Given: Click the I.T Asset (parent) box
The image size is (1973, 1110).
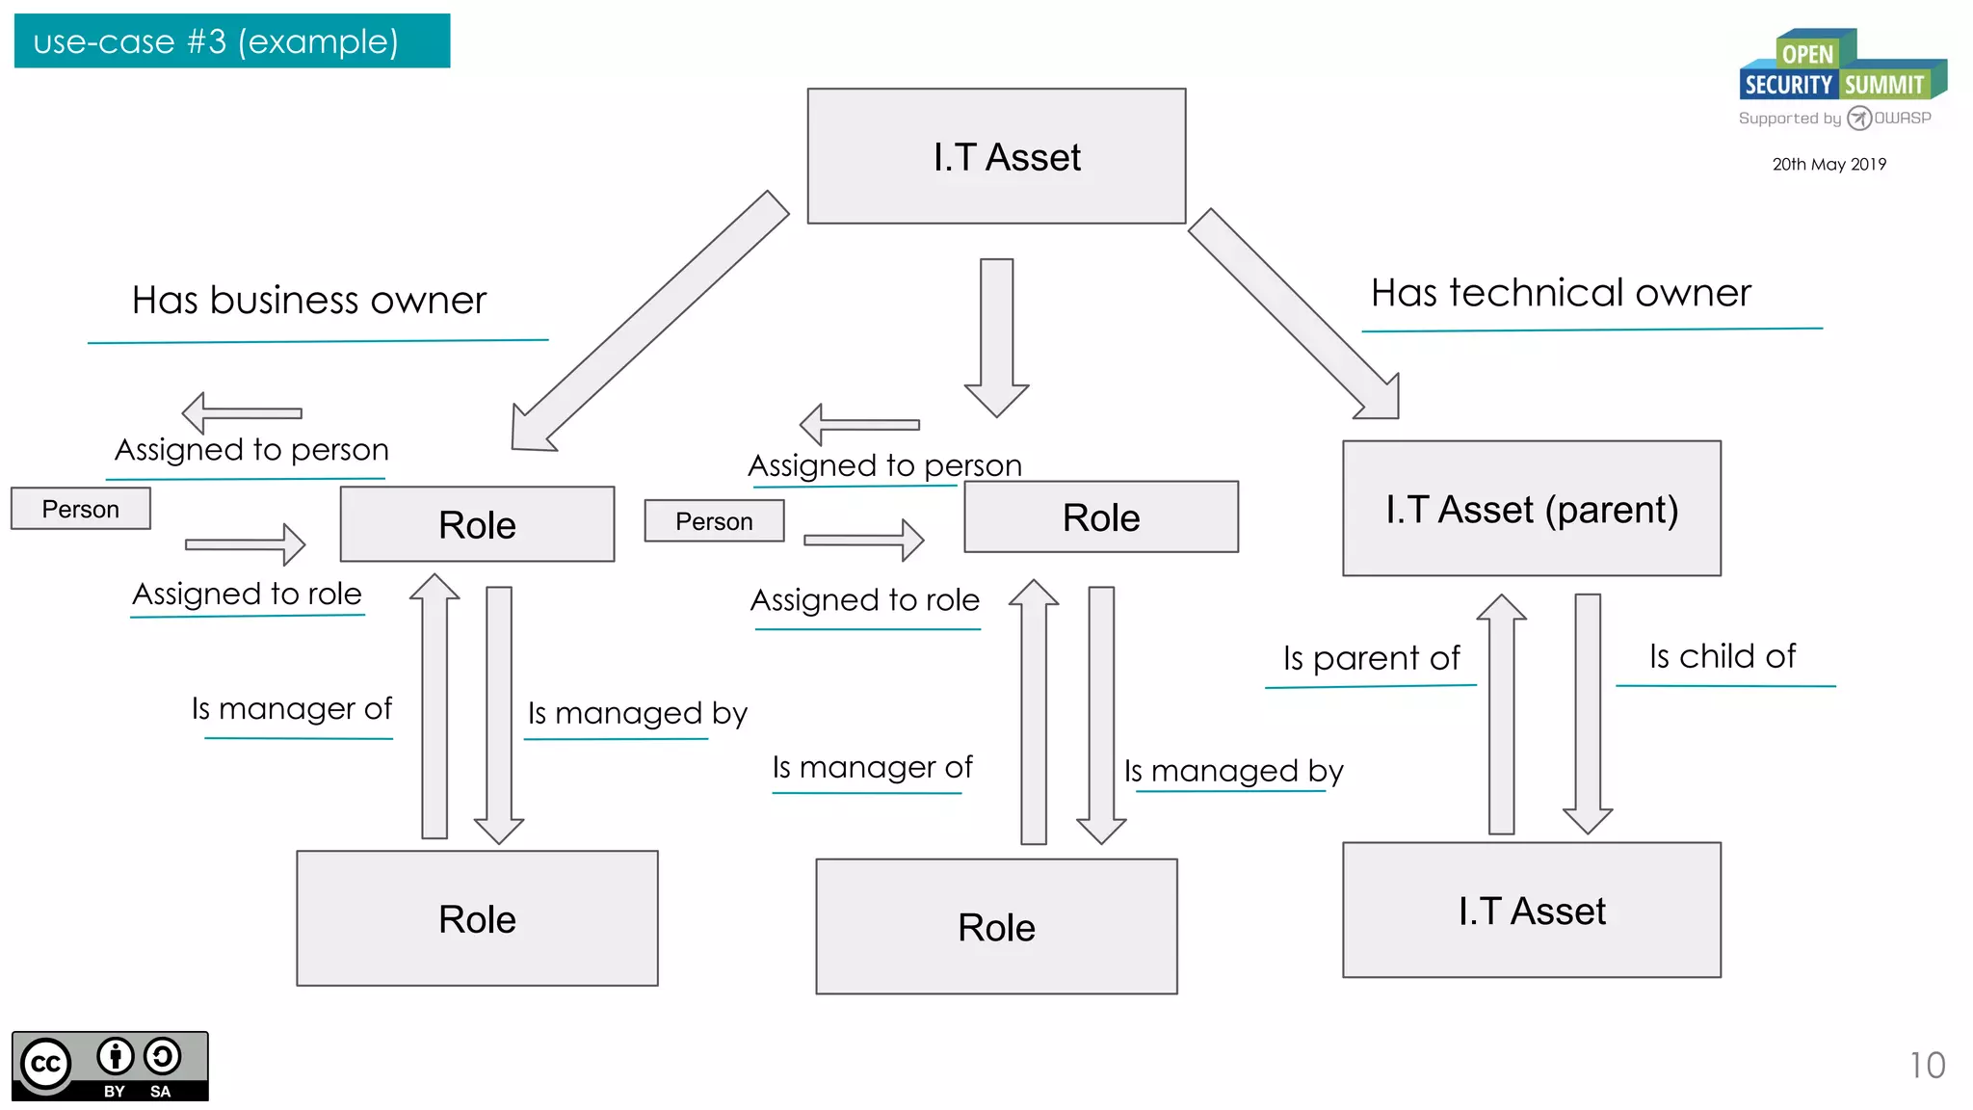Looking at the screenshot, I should coord(1531,509).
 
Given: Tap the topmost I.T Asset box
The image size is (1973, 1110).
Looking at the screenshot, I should coord(996,156).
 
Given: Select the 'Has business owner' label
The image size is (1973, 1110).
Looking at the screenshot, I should coord(309,301).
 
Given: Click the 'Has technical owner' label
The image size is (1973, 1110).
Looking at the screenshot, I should coord(1561,293).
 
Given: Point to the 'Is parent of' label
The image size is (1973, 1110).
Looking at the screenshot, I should coord(1371,658).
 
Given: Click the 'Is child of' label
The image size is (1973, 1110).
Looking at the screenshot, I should coord(1722,656).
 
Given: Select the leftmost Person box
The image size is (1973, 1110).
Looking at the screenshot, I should coord(81,509).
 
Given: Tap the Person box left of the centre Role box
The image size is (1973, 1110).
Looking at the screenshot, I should coord(714,521).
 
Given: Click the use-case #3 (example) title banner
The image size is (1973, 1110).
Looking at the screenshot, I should coord(231,41).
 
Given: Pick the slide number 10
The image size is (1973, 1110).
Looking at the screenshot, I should coord(1927,1065).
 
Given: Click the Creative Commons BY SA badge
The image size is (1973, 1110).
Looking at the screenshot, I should coord(110,1066).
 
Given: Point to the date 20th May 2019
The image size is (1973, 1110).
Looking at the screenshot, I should coord(1828,165).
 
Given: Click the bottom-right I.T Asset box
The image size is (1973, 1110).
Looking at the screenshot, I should coord(1531,911).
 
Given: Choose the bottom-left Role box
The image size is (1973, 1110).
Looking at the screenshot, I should coord(477,918).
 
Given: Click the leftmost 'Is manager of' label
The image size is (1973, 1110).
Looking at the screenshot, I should coord(291,709).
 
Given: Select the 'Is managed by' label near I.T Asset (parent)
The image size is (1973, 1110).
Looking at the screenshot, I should coord(1233,771).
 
